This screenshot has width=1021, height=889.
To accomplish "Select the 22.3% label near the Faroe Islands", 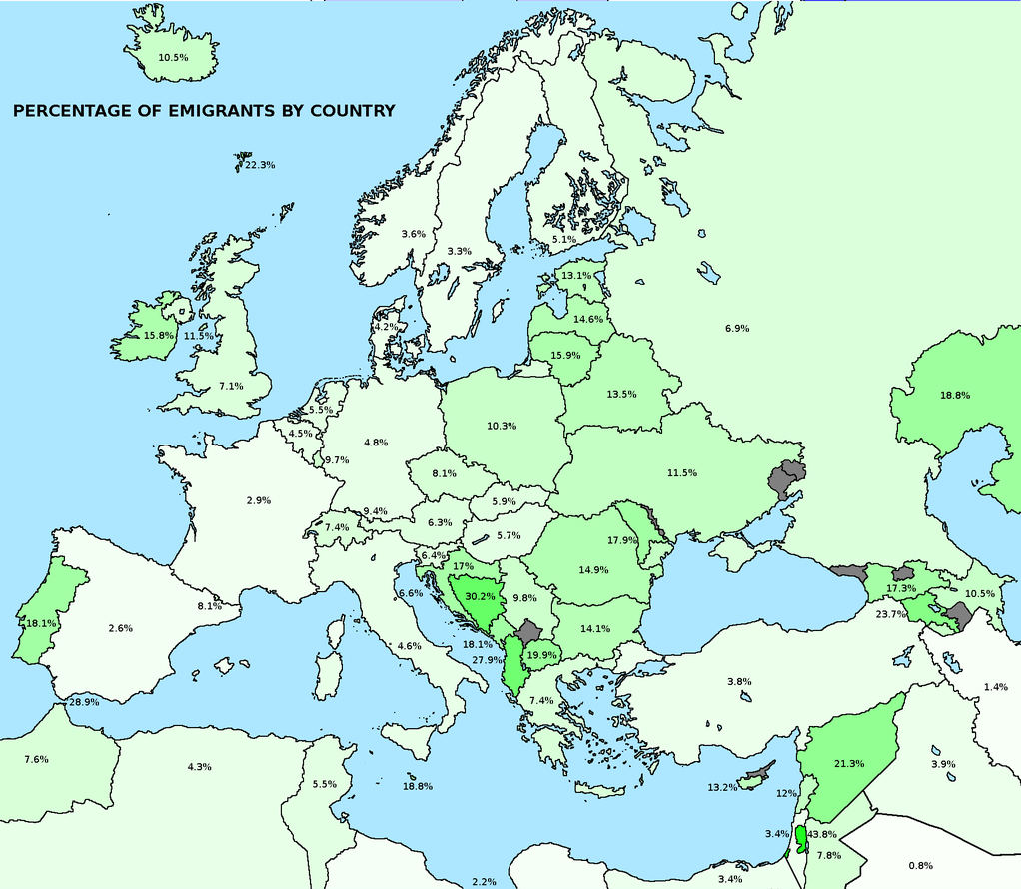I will pos(260,165).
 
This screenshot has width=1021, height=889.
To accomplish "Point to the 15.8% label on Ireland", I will pos(159,336).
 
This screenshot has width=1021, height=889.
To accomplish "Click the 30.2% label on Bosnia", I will pos(481,597).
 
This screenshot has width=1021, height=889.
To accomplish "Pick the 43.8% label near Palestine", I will pos(822,834).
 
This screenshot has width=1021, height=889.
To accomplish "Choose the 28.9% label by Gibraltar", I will pos(83,703).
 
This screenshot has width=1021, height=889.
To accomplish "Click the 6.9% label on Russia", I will pos(737,329).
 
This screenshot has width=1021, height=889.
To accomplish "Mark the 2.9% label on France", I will pos(259,500).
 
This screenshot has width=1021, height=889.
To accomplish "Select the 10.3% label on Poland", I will pos(502,427).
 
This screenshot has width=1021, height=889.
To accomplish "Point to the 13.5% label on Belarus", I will pos(621,395).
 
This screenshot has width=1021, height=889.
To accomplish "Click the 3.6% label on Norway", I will pos(413,234).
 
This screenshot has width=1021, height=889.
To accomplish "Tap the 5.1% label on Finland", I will pos(564,240).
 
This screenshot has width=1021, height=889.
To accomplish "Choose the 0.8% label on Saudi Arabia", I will pos(921,865).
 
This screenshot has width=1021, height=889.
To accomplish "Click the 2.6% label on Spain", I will pos(120,629).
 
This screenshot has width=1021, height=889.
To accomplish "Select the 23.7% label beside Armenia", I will pos(891,614).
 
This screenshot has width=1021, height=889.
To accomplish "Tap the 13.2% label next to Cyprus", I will pos(722,788).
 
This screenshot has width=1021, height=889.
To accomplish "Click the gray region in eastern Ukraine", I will pos(788,478).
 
